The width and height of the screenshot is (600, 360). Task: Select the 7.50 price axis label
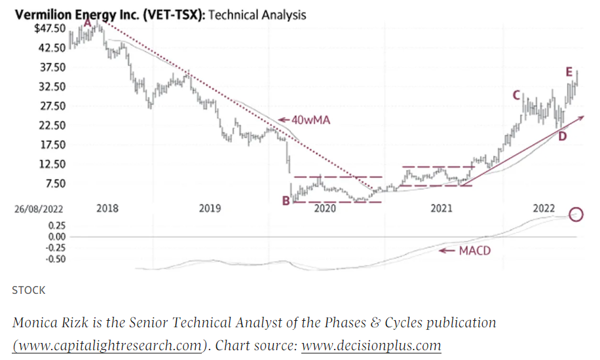click(x=54, y=183)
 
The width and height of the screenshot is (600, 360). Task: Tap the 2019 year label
click(x=210, y=209)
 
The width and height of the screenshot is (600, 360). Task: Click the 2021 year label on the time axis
click(x=441, y=209)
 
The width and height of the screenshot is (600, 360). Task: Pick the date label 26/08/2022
click(x=40, y=209)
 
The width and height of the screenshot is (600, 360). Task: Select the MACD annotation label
click(x=474, y=251)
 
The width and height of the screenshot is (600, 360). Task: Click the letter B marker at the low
click(x=286, y=201)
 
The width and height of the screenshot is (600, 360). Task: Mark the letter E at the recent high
click(x=570, y=71)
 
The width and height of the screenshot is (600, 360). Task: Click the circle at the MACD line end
click(x=576, y=213)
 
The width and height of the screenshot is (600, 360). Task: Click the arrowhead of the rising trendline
click(x=581, y=117)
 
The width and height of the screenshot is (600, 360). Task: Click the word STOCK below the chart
click(x=29, y=289)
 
